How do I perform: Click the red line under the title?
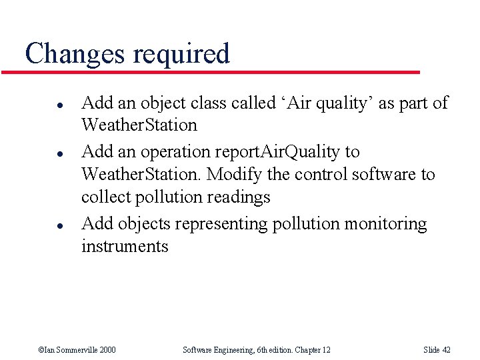click(220, 71)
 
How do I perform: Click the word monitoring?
click(385, 224)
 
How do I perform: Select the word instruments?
click(125, 247)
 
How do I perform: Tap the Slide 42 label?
click(437, 350)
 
